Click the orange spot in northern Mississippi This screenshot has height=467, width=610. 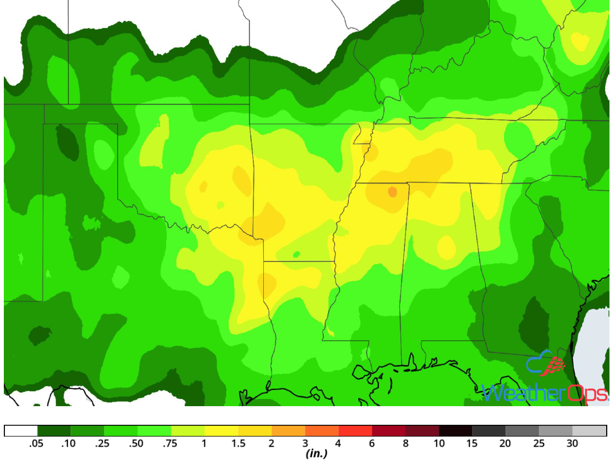(x=392, y=192)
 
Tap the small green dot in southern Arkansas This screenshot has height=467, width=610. (x=297, y=254)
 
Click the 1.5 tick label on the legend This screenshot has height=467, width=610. (x=238, y=444)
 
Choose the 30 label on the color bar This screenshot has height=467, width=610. (x=572, y=444)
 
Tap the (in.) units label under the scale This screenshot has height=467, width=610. (x=316, y=454)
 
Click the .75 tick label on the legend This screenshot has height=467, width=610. (x=171, y=444)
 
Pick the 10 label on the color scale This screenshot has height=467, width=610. (x=439, y=444)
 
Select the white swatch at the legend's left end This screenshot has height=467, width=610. (x=21, y=431)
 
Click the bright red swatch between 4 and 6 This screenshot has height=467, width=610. (x=355, y=431)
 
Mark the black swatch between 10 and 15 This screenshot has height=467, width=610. (x=455, y=431)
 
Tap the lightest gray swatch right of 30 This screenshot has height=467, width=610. (x=589, y=431)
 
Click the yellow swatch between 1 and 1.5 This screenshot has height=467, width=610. (x=221, y=431)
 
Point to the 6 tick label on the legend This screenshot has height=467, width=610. (x=372, y=444)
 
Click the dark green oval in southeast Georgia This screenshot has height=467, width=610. (x=534, y=320)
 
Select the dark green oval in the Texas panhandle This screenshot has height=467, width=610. (x=67, y=141)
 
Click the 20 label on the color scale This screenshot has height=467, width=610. (x=505, y=444)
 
